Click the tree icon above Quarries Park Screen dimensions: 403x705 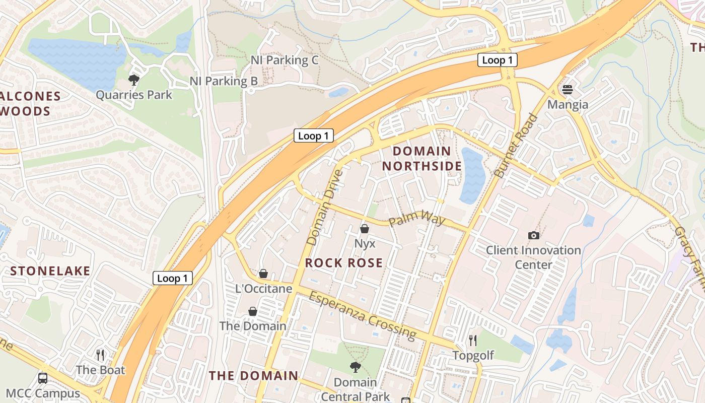click(133, 80)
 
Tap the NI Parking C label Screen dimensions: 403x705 click(285, 60)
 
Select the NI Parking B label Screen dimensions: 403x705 click(224, 81)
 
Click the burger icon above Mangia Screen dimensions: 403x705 click(568, 90)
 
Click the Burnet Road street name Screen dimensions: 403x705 click(516, 146)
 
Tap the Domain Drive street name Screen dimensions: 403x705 click(324, 207)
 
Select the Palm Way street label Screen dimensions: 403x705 click(417, 220)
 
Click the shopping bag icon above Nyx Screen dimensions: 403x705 click(365, 229)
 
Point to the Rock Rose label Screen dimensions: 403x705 click(344, 262)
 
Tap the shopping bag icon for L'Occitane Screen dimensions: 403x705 click(263, 274)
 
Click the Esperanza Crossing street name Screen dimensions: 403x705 click(362, 315)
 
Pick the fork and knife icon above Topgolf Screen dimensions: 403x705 click(472, 341)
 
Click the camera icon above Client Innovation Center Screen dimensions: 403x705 click(533, 235)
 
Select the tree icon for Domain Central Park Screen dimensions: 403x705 click(355, 367)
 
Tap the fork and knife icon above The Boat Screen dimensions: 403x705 click(100, 355)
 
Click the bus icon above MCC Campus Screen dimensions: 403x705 click(43, 378)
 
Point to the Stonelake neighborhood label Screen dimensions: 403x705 click(50, 271)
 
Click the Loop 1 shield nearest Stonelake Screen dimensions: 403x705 click(172, 278)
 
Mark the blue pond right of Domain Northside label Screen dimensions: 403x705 click(472, 175)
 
